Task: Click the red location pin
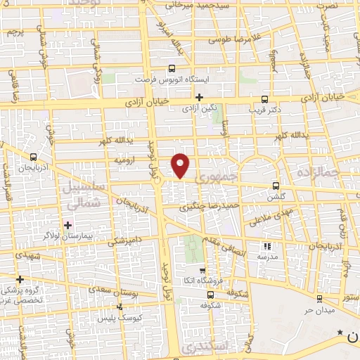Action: click(181, 165)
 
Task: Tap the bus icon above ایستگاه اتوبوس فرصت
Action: click(172, 69)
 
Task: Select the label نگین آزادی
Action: click(200, 109)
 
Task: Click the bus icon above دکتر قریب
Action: click(264, 99)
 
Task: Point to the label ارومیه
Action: click(125, 161)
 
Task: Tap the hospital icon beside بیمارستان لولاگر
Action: click(67, 225)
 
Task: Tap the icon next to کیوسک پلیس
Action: click(120, 307)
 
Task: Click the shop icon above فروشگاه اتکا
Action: click(202, 271)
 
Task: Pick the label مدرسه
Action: click(266, 257)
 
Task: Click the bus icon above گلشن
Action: click(275, 186)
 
